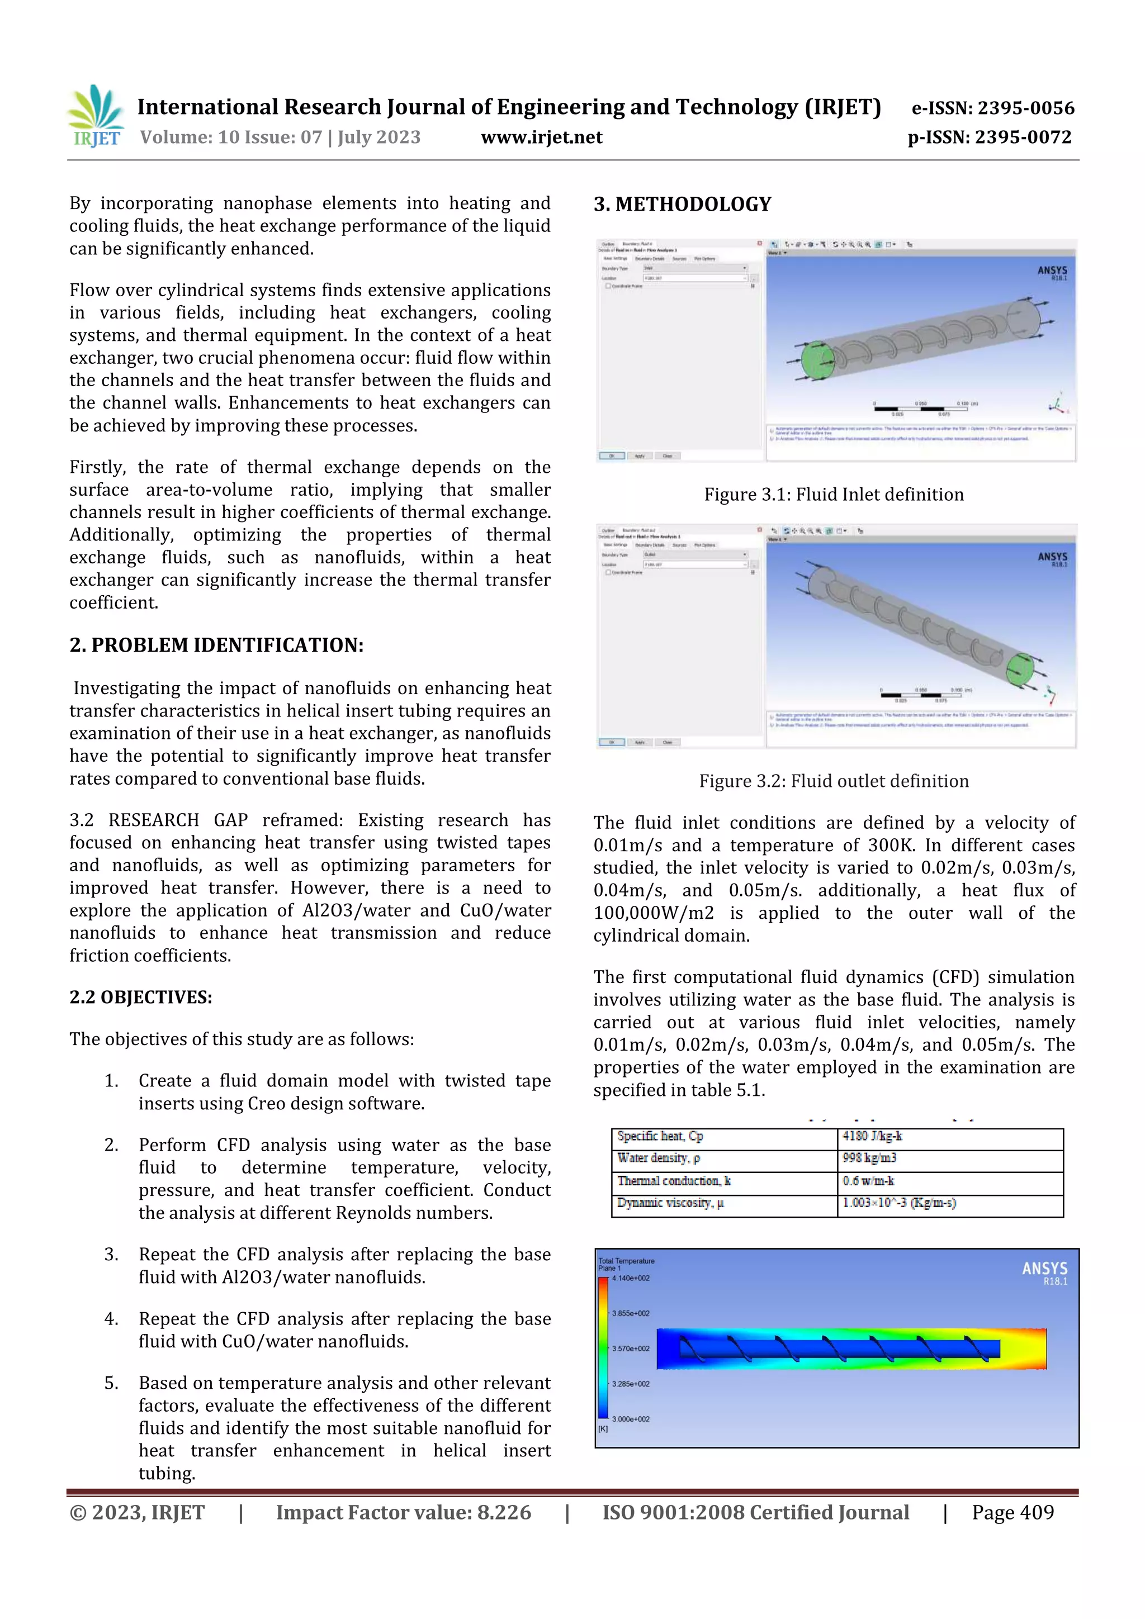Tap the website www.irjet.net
[541, 137]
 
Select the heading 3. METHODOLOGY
[682, 205]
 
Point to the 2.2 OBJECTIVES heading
[140, 996]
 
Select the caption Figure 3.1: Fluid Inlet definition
[833, 494]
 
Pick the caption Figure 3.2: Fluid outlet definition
[833, 781]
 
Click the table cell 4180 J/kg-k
[872, 1136]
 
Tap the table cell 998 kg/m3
[869, 1158]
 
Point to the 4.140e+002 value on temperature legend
[631, 1278]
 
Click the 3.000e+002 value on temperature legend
[631, 1419]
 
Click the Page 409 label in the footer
[1012, 1512]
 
